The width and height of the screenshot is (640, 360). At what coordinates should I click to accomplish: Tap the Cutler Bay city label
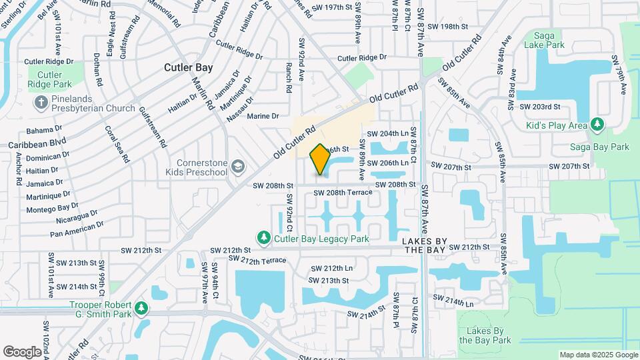(x=189, y=67)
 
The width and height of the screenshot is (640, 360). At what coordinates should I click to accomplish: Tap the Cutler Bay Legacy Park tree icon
(x=265, y=238)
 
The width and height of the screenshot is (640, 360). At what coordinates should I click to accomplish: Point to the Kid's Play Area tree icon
(x=597, y=125)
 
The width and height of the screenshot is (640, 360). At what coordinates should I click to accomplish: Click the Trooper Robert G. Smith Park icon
(x=141, y=308)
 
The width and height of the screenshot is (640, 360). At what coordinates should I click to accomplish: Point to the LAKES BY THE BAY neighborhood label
(x=431, y=244)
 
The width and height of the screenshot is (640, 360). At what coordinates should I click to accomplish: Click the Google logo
(x=22, y=351)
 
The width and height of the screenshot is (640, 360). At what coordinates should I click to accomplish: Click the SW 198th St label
(x=448, y=27)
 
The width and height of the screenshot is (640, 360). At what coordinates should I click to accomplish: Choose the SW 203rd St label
(x=540, y=107)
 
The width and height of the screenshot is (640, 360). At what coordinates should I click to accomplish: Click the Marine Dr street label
(x=263, y=116)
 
